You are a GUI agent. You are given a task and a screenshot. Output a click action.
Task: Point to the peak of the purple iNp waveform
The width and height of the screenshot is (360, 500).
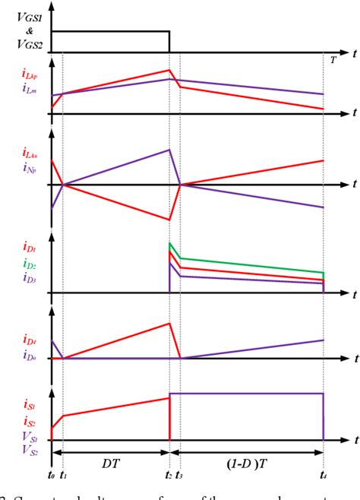(169, 150)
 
